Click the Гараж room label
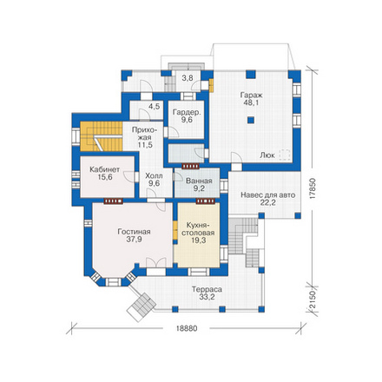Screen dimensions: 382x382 click(x=251, y=95)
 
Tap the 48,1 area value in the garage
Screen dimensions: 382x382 click(x=251, y=102)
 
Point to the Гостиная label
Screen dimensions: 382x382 click(x=134, y=232)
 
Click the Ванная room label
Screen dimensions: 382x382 click(x=199, y=181)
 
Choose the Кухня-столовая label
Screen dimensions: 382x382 click(x=198, y=229)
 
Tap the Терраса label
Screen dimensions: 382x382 click(x=207, y=289)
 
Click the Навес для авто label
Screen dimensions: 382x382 click(x=267, y=195)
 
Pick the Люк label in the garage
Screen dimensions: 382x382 click(x=267, y=155)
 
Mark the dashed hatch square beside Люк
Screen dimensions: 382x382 click(x=284, y=155)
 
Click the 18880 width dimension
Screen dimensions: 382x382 click(x=186, y=328)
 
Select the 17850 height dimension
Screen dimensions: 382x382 click(x=312, y=189)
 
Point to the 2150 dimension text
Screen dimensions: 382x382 click(x=312, y=300)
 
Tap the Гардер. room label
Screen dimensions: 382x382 click(x=187, y=112)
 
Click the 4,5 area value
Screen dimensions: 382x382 click(x=154, y=107)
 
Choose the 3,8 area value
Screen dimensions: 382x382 click(x=188, y=77)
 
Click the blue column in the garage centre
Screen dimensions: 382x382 click(x=251, y=120)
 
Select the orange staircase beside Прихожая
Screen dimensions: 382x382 click(x=102, y=136)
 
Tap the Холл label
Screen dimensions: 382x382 click(x=154, y=175)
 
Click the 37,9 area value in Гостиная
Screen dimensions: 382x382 click(x=134, y=240)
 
